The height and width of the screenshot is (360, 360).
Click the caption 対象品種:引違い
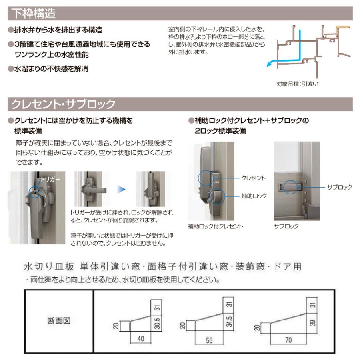(x=296, y=84)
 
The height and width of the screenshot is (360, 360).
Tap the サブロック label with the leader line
(x=339, y=187)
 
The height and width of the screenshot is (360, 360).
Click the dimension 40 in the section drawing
(x=140, y=338)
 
